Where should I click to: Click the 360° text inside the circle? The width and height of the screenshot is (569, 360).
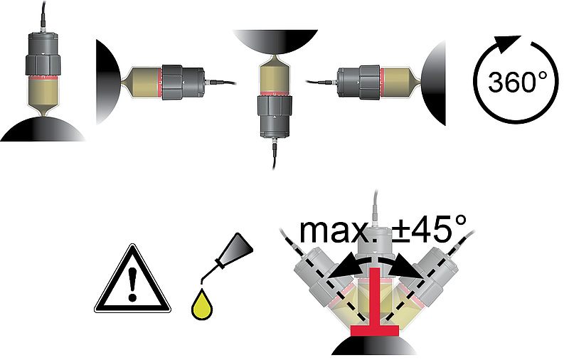tap(517, 82)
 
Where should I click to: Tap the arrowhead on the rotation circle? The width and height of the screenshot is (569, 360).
tap(508, 43)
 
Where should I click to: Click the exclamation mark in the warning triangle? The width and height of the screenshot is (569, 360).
tap(132, 284)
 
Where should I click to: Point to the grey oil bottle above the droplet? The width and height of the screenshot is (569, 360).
tap(233, 254)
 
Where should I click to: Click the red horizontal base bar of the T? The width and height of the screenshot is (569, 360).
tap(375, 330)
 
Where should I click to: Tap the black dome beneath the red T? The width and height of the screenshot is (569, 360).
tap(374, 346)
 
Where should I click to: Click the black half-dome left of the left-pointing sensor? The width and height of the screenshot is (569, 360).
tap(107, 82)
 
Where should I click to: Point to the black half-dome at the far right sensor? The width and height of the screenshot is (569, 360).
tap(434, 83)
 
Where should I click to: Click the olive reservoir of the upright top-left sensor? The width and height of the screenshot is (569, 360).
tap(43, 94)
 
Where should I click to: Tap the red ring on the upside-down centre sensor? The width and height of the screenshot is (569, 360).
tap(275, 94)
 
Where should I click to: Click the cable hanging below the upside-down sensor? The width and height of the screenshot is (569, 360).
tap(274, 155)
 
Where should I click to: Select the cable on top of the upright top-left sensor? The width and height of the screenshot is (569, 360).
tap(43, 14)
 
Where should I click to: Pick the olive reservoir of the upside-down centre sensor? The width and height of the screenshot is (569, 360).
tap(275, 75)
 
